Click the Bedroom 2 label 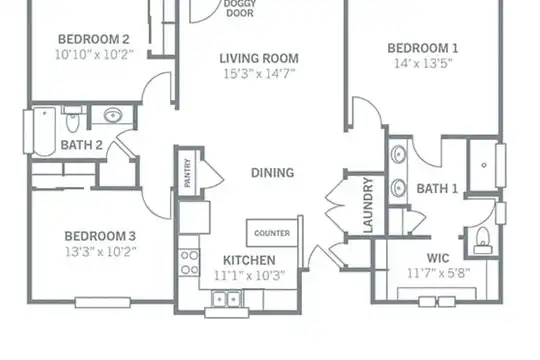point(94,39)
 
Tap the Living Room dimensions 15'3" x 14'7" point(259,74)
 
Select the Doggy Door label point(240,9)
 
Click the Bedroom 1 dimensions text point(423,63)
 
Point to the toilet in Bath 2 point(72,119)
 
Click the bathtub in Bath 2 point(44,131)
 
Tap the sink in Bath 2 point(113,115)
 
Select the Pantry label point(187,173)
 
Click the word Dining point(272,173)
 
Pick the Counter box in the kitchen point(272,233)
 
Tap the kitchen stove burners point(189,262)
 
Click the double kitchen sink point(226,299)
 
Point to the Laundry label point(368,205)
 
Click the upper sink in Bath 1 point(398,154)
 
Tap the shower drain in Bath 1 point(484,165)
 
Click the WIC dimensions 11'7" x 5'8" point(438,274)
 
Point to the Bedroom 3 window point(103,302)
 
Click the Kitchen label point(249,260)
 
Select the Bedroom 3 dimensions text point(101,252)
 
